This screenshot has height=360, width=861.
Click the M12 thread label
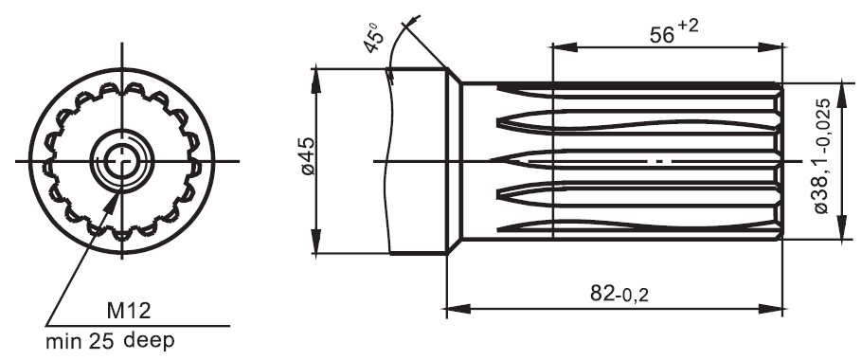(129, 311)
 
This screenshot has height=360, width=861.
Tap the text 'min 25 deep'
(110, 341)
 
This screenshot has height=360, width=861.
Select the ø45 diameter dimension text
(308, 156)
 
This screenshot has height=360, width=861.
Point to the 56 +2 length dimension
(674, 32)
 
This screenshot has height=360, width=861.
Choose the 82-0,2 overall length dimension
(619, 294)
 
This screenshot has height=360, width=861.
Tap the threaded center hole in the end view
(122, 161)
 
